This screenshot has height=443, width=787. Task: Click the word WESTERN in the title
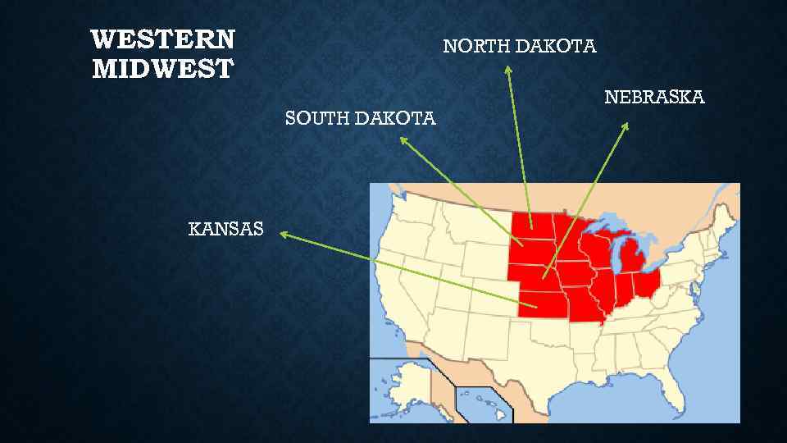click(x=163, y=39)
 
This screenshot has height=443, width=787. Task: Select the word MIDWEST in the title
click(x=163, y=69)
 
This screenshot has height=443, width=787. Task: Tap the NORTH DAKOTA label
click(x=520, y=47)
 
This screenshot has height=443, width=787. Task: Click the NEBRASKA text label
click(x=654, y=98)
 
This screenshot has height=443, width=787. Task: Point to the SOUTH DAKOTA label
click(x=360, y=119)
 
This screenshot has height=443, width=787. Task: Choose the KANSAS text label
click(x=226, y=229)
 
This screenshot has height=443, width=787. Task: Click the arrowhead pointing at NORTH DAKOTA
click(x=508, y=71)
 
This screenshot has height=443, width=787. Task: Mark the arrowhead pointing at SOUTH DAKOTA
click(x=403, y=140)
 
